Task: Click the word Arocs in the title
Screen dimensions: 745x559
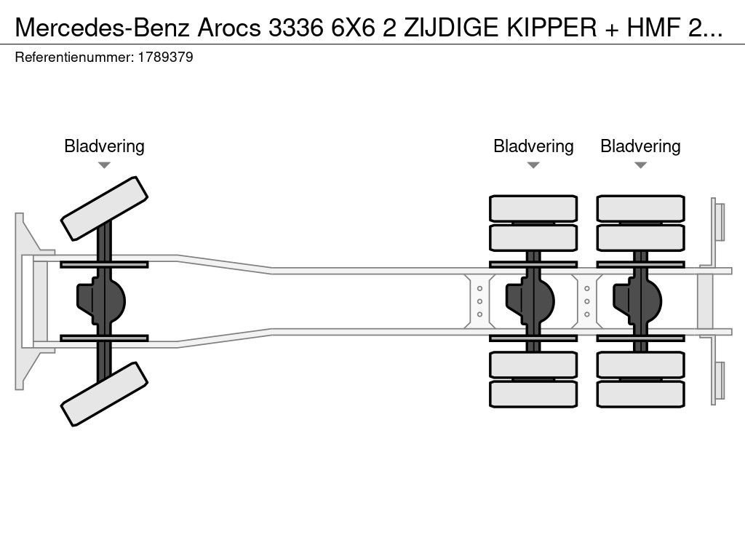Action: pos(229,28)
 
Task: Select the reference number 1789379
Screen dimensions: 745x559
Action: pos(165,58)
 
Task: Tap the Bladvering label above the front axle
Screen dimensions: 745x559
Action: pos(104,146)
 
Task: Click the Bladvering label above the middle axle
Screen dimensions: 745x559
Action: pos(533,146)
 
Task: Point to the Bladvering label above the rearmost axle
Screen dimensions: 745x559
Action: pos(640,146)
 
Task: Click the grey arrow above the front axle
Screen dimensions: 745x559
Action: pos(104,165)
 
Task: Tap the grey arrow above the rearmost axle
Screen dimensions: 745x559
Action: pos(640,165)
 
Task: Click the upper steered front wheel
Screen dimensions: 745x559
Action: pos(105,208)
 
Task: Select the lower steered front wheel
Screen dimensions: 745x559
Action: pos(105,394)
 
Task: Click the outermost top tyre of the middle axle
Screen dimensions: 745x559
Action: pos(533,208)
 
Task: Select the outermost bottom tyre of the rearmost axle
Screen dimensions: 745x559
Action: pos(640,394)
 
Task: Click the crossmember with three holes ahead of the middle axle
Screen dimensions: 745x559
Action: pos(480,301)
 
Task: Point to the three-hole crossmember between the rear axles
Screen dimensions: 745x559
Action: pos(587,301)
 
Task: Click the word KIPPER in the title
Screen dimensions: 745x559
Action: pos(551,28)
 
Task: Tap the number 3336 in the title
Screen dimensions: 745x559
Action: pos(295,28)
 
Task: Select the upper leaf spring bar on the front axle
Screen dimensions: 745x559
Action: pos(104,264)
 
